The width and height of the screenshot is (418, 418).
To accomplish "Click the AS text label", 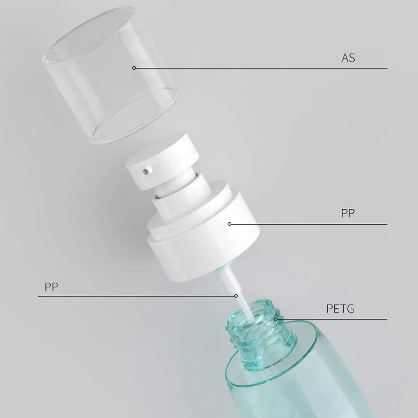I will tap(348, 58).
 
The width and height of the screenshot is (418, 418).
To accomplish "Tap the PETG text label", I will tap(340, 309).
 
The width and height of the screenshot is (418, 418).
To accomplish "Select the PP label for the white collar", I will tap(347, 213).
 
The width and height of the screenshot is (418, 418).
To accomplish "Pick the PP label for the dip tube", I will tap(51, 287).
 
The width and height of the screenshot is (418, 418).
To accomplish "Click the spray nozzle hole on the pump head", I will tap(146, 171).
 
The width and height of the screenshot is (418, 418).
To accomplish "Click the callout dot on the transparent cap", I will tap(134, 68).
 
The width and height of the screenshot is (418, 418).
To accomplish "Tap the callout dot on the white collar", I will tap(229, 224).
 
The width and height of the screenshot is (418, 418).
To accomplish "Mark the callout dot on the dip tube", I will tap(236, 296).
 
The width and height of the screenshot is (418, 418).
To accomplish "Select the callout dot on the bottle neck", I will tap(276, 319).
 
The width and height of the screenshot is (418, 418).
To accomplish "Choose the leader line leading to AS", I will tap(259, 68).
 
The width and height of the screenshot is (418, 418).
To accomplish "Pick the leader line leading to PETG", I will tap(334, 319).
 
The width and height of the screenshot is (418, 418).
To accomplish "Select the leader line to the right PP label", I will tap(309, 224).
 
